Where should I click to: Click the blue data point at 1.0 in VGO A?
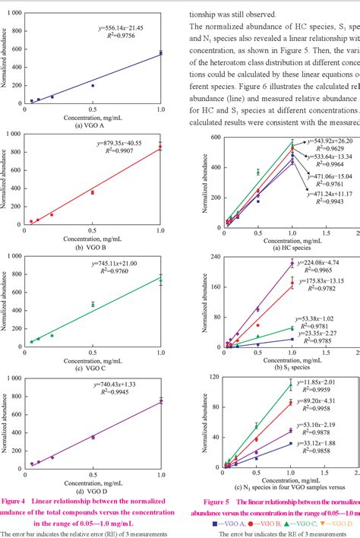(x=160, y=53)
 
